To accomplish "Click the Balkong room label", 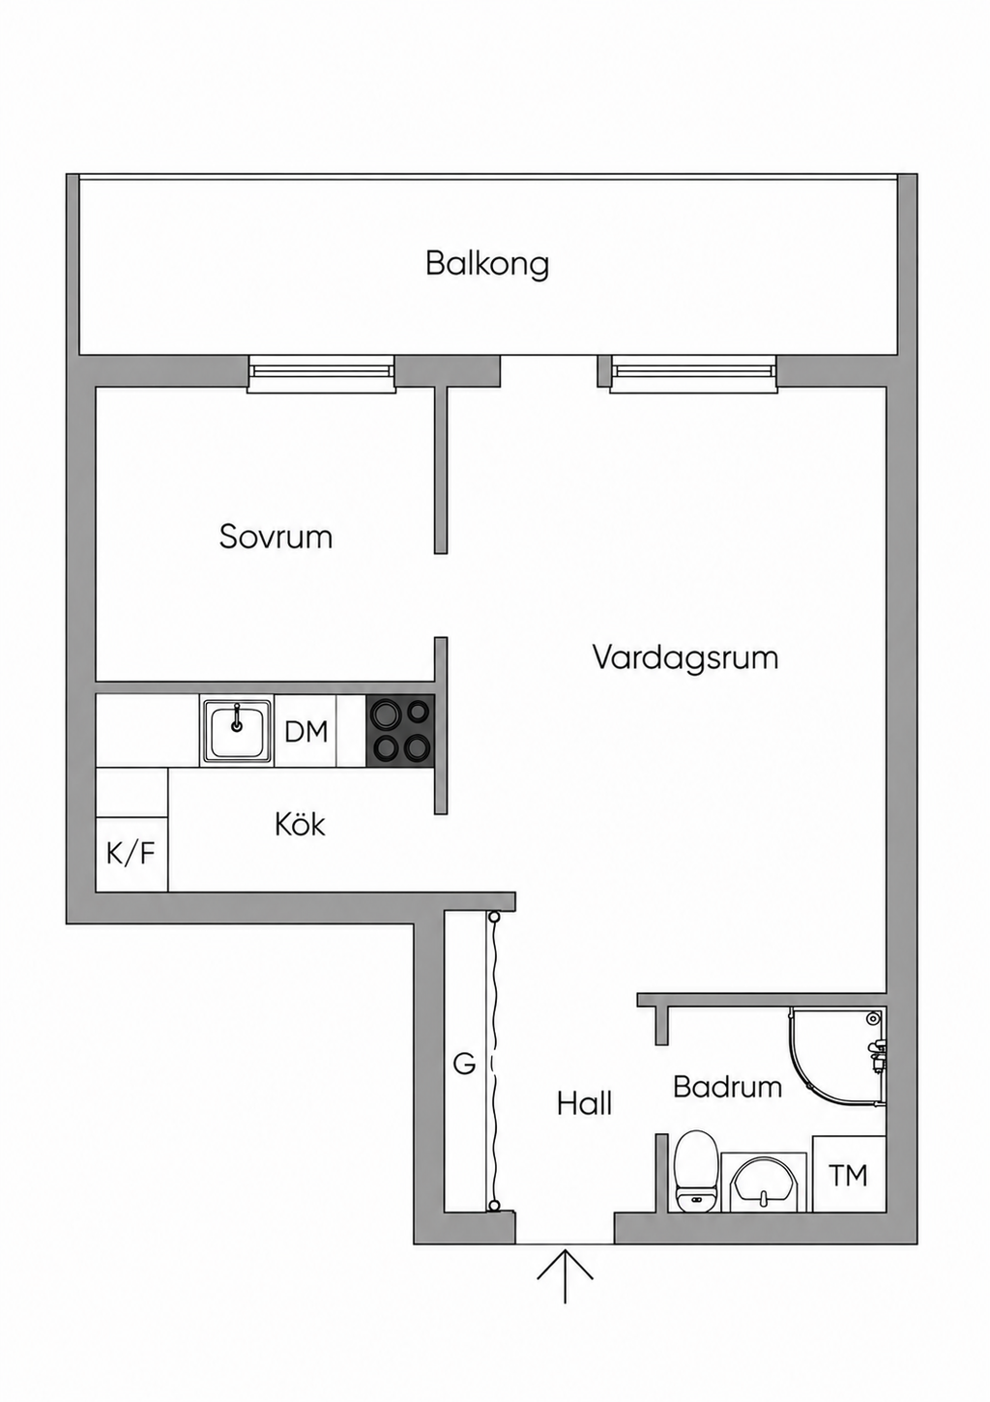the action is (x=487, y=264).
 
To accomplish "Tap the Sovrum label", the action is (x=276, y=537).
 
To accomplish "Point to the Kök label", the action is (x=301, y=824).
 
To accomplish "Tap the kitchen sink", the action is (x=237, y=730).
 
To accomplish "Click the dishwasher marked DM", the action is (x=306, y=730).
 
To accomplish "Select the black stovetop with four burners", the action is (x=400, y=731).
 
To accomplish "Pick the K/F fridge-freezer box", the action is (x=131, y=853).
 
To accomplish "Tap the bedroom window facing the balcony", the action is (x=322, y=373).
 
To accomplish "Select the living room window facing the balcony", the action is (x=694, y=373).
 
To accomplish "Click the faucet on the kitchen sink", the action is (x=237, y=717).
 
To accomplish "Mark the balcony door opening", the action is (x=549, y=370).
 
